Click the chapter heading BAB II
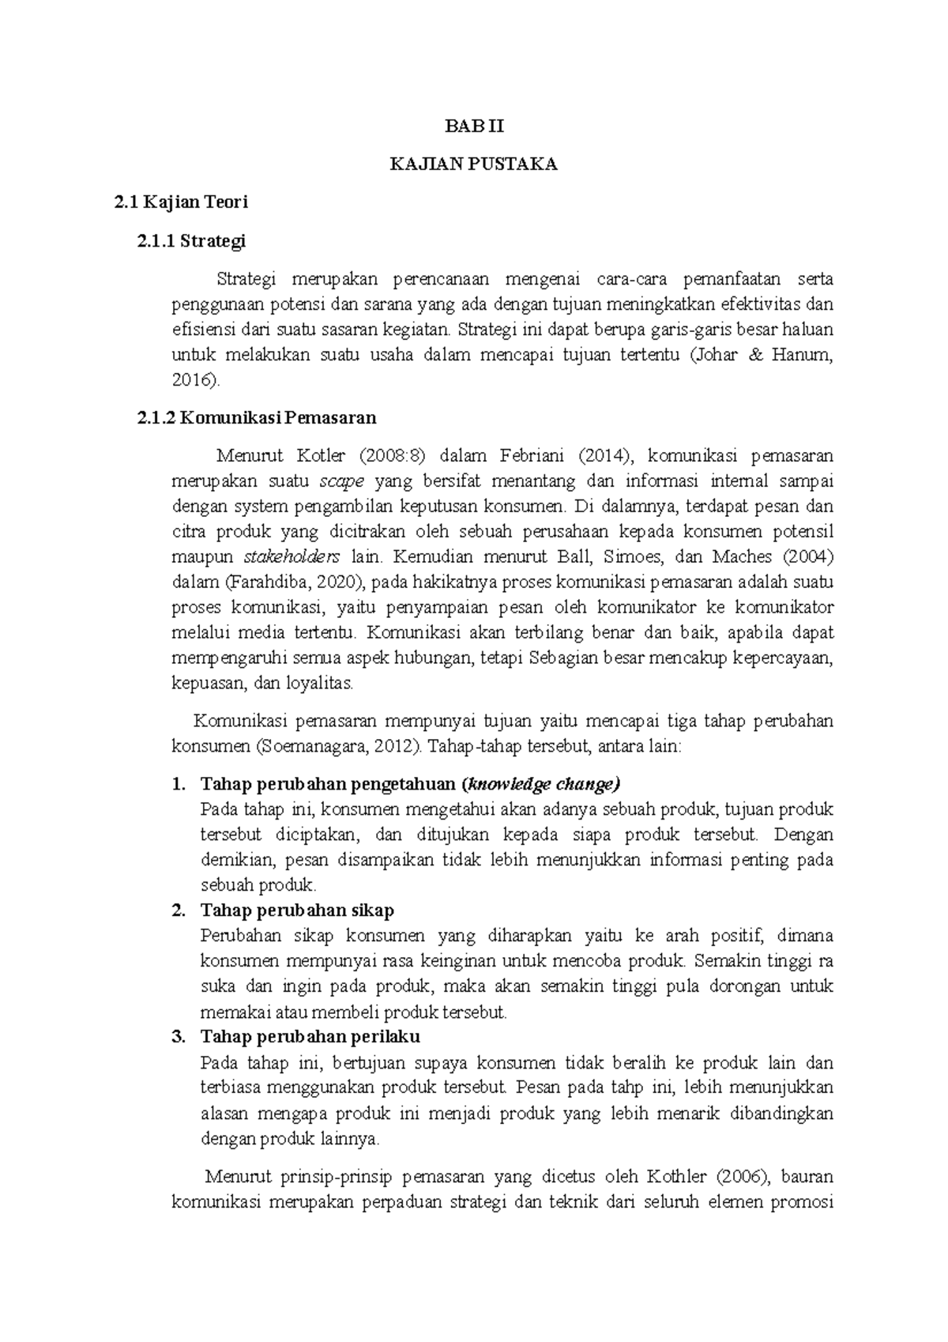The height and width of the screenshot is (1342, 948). [x=473, y=126]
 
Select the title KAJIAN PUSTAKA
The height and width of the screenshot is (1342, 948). [x=473, y=164]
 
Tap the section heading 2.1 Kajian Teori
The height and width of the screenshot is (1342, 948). [x=181, y=202]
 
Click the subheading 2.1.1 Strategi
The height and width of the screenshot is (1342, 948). [x=191, y=241]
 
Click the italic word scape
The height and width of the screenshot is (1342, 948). [x=341, y=481]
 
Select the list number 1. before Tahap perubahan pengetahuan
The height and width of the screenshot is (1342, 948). [x=179, y=784]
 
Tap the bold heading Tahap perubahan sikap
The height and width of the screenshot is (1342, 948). [x=297, y=910]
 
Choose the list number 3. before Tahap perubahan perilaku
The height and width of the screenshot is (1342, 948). [x=179, y=1036]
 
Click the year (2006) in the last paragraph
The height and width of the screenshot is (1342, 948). [x=740, y=1177]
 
